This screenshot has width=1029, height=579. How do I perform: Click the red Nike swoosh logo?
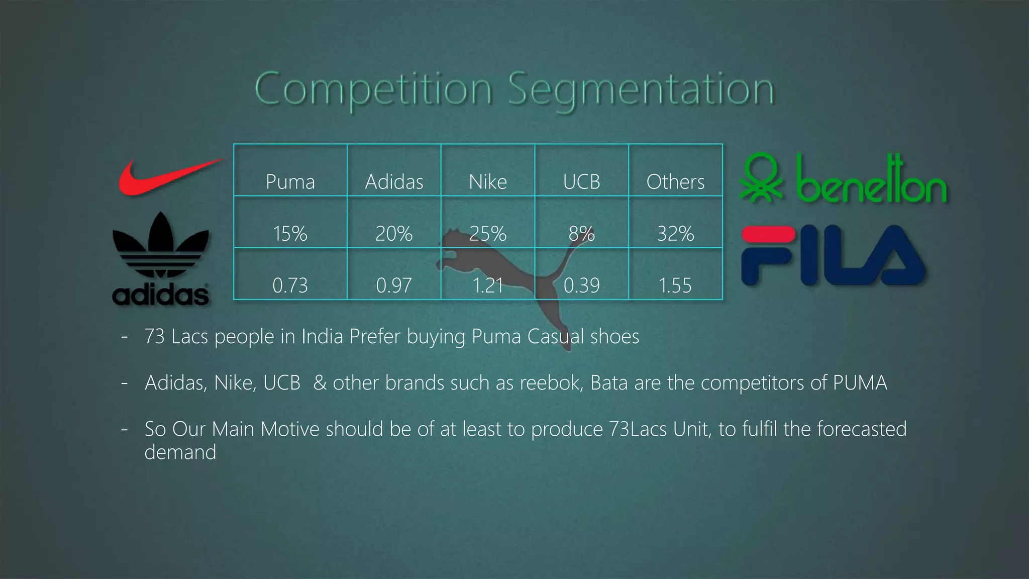166,177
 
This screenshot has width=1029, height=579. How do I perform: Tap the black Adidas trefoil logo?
160,259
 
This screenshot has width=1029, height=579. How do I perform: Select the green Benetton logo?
843,180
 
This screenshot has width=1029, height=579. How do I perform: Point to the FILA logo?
833,255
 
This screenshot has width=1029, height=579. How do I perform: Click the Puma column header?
290,182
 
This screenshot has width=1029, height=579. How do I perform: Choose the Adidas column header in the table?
394,182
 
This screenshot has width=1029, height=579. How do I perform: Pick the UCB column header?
581,182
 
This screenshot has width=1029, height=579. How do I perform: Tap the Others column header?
675,182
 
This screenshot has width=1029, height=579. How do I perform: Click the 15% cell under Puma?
290,234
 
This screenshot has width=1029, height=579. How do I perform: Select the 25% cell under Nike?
488,234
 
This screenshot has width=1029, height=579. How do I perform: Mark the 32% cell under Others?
675,234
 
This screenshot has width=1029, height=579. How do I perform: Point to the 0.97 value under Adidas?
394,285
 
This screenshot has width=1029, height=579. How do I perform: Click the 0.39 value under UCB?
581,285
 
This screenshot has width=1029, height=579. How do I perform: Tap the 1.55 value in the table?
675,285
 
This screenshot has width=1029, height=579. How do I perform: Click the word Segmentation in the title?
641,89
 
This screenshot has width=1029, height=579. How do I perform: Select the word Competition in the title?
374,89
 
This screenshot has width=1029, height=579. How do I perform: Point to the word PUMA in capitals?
860,383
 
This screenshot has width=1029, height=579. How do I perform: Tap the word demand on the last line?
180,452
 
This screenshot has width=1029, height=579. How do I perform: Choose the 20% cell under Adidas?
394,234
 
